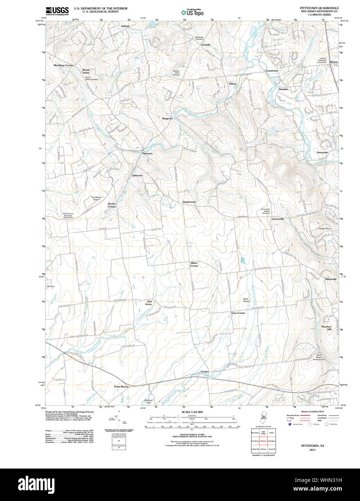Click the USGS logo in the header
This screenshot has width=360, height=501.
click(x=57, y=11)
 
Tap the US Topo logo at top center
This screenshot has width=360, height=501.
click(x=192, y=12)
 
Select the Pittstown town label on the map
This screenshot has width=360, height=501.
click(x=147, y=154)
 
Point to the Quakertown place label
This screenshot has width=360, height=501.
click(x=189, y=202)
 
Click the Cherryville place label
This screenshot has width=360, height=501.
click(x=278, y=219)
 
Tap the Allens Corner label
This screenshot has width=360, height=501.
click(x=194, y=264)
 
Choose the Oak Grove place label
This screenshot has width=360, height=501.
click(x=149, y=302)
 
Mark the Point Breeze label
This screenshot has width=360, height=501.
click(x=121, y=386)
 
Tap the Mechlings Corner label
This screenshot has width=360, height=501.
click(x=63, y=65)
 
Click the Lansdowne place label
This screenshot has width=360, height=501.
click(x=272, y=71)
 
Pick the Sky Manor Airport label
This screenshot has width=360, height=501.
click(x=95, y=198)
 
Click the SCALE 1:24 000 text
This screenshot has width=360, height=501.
click(x=192, y=412)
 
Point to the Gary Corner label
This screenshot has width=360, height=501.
click(x=238, y=313)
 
